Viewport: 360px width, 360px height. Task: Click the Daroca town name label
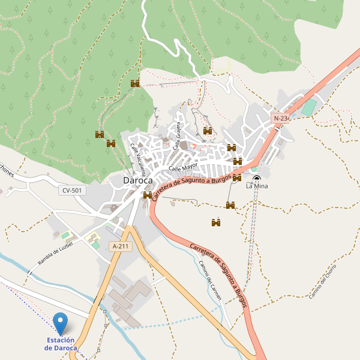pos(137,180)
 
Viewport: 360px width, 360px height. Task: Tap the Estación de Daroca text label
pos(61,344)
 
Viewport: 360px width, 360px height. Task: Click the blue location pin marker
pos(61,323)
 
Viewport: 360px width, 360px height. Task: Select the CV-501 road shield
pos(73,190)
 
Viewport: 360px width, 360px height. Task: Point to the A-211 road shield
pos(120,246)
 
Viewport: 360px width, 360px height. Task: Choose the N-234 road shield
pos(281,119)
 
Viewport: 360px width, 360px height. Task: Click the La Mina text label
pos(257,186)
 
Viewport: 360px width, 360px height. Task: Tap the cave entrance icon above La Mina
pos(257,178)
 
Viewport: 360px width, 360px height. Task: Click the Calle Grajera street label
pos(178,136)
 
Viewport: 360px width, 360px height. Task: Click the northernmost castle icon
pos(135,83)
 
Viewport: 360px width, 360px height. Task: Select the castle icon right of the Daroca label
pos(148,195)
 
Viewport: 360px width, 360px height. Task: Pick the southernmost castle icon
pos(216,223)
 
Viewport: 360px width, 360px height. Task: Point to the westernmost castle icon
pos(100,134)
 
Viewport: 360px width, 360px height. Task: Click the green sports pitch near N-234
pos(308,108)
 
